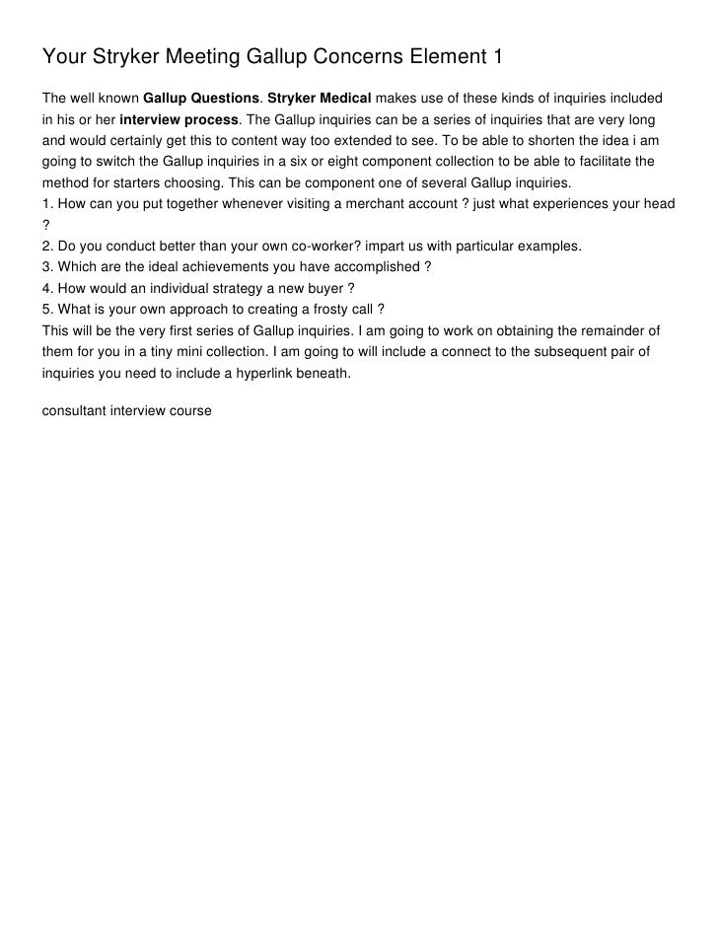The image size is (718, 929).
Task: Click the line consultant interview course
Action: click(x=126, y=409)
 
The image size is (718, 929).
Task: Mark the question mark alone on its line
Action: click(x=45, y=225)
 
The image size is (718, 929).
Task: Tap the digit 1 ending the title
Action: click(x=497, y=58)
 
